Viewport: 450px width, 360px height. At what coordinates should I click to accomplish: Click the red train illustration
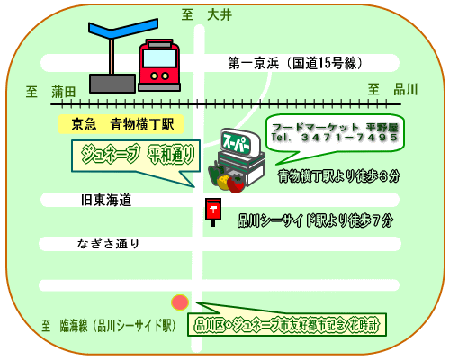(159, 65)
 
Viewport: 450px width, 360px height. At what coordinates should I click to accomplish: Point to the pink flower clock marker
(180, 302)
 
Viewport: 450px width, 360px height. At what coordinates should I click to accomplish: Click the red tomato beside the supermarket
(236, 184)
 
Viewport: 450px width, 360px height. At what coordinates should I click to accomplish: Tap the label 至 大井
(207, 15)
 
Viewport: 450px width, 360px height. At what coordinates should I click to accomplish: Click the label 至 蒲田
(50, 92)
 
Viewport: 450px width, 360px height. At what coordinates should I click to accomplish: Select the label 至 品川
(393, 89)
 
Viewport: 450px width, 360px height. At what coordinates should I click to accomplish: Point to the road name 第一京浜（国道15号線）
(295, 63)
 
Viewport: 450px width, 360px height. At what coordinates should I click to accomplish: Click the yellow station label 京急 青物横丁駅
(121, 124)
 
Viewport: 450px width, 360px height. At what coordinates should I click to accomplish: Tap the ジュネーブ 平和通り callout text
(138, 154)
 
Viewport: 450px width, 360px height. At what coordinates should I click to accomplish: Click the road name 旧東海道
(106, 200)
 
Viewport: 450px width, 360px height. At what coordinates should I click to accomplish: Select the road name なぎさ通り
(109, 244)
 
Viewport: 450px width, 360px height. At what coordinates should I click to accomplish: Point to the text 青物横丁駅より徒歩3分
(339, 176)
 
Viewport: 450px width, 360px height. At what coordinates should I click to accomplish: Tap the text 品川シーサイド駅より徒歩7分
(315, 220)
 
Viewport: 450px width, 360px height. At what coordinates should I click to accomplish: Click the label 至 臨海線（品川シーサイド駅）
(109, 325)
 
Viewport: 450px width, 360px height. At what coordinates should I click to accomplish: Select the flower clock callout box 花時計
(287, 325)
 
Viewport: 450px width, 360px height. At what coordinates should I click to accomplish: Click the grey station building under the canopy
(112, 84)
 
